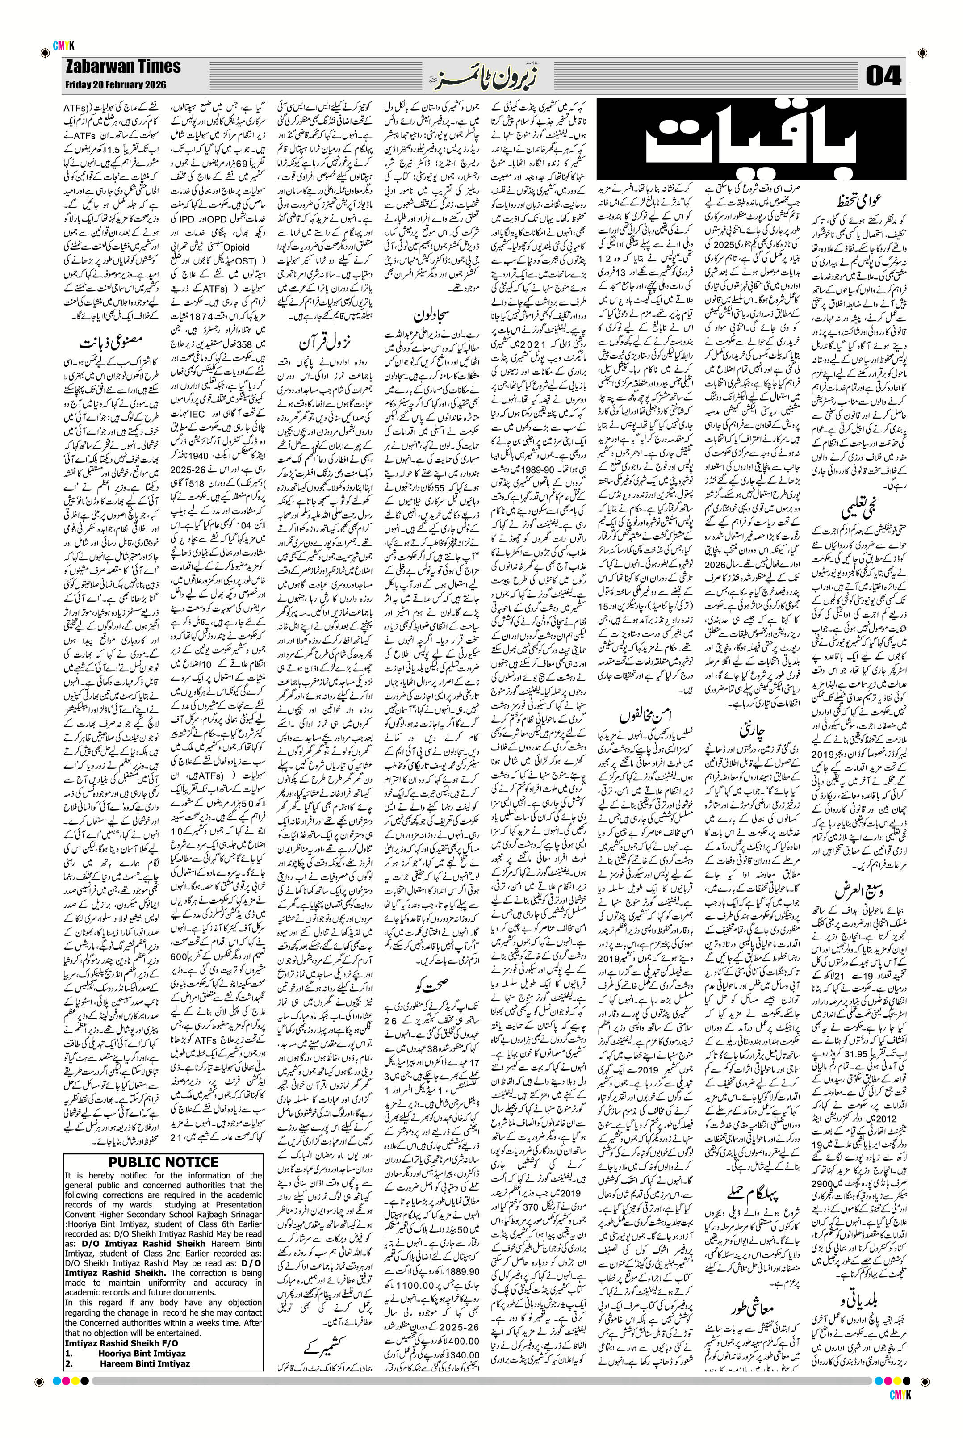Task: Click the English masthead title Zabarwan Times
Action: tap(123, 67)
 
